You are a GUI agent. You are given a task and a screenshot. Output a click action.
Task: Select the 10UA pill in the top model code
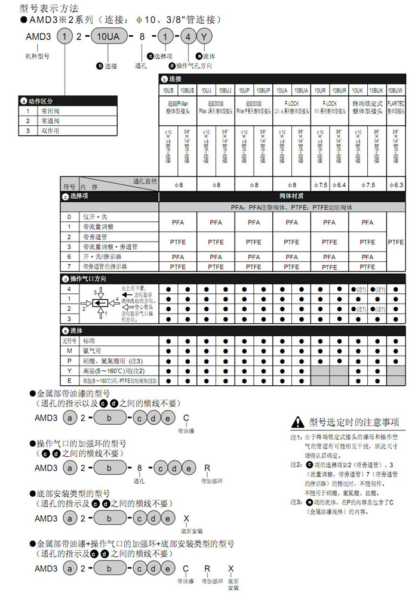[108, 36]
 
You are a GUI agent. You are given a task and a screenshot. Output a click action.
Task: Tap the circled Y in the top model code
[204, 36]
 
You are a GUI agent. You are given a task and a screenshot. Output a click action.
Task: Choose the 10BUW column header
[396, 90]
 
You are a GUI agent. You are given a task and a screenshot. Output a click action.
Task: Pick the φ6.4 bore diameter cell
[339, 185]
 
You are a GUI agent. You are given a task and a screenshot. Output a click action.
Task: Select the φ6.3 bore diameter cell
[396, 185]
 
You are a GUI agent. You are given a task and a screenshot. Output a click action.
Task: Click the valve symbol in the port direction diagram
[100, 304]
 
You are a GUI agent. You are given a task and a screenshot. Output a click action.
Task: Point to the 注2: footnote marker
[294, 464]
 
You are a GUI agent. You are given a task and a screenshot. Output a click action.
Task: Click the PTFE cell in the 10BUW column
[396, 242]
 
